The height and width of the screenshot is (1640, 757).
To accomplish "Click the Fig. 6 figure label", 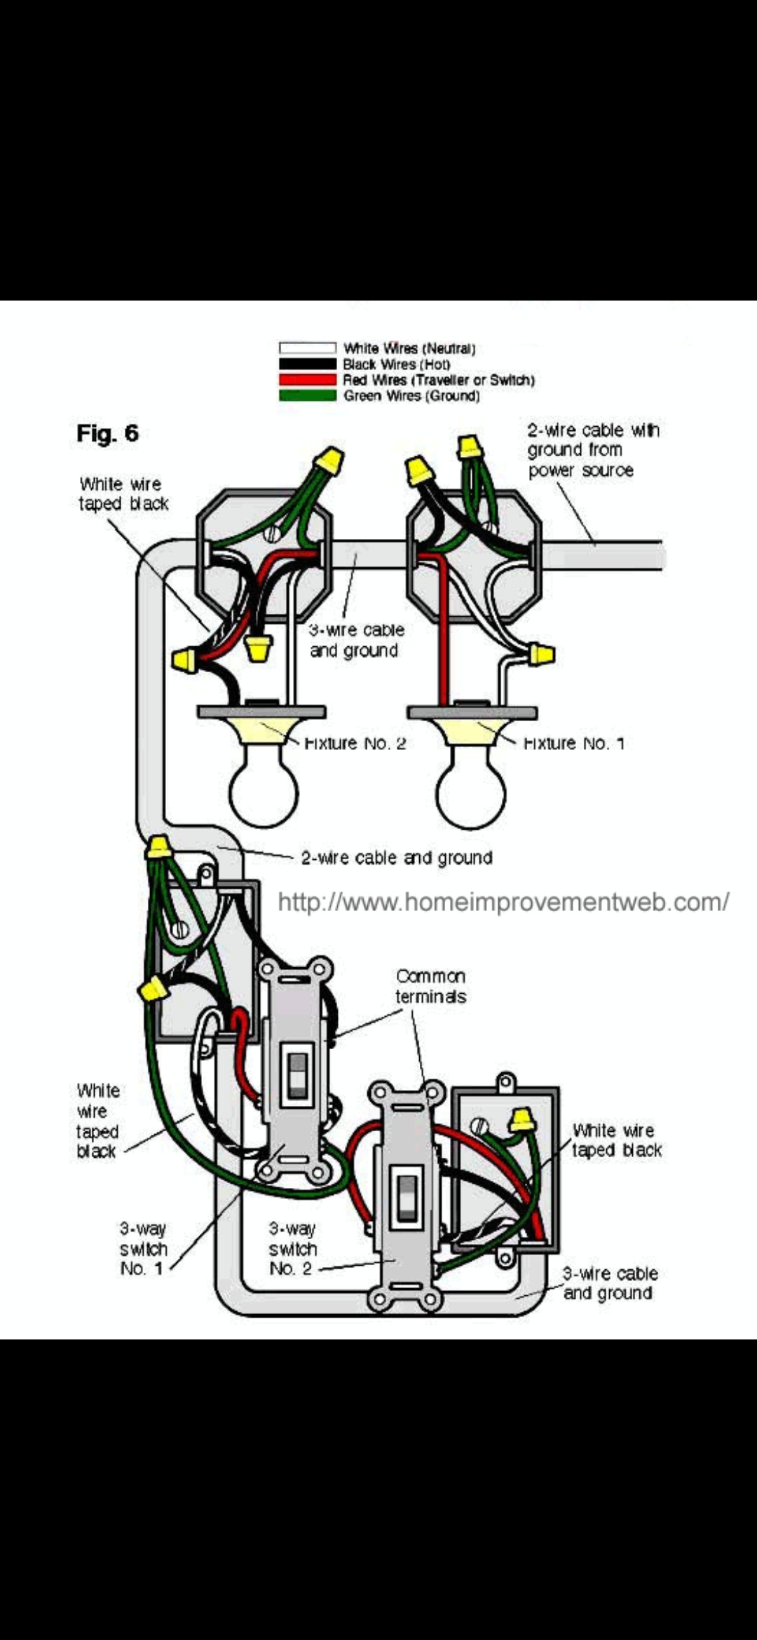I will [107, 434].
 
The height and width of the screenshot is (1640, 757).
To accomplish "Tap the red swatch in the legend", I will [307, 380].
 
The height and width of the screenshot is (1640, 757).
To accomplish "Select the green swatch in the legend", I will [307, 396].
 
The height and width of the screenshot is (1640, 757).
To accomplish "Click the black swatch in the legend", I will [307, 364].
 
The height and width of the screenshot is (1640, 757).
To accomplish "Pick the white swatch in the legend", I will [307, 348].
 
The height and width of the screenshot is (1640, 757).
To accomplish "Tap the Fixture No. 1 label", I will [574, 743].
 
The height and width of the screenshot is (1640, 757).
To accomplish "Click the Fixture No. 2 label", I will [355, 743].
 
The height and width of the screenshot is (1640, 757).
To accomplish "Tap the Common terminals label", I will [430, 986].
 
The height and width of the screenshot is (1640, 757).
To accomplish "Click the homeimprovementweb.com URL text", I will [503, 902].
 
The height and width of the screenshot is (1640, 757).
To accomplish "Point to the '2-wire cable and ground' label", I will [397, 858].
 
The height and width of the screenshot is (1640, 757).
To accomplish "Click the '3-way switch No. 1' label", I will [143, 1248].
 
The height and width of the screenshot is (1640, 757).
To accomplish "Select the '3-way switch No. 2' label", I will [292, 1248].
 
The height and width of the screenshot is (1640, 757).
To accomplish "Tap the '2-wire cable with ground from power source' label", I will [592, 450].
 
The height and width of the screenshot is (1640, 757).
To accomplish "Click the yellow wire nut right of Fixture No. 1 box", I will [541, 655].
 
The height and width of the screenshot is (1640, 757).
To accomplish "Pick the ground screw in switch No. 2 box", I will [479, 1126].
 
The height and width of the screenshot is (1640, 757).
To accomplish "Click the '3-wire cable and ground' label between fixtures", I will [356, 640].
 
